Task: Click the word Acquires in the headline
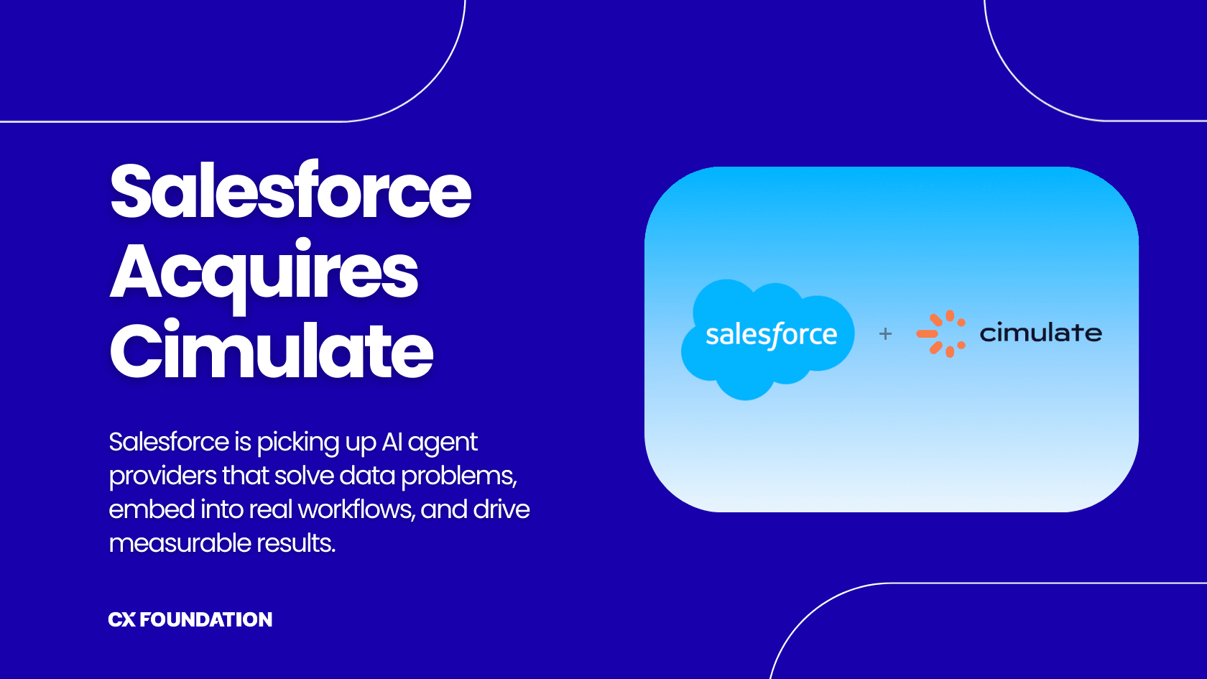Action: click(264, 273)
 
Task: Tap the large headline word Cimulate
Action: click(271, 351)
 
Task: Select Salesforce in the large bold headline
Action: click(290, 190)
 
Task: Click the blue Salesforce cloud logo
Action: click(767, 337)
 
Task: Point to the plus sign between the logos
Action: click(885, 333)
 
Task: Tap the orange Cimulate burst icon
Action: click(941, 333)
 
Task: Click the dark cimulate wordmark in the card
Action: click(1040, 333)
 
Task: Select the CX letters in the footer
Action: click(121, 619)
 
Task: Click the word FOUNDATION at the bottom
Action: click(206, 619)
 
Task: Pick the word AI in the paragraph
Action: click(392, 442)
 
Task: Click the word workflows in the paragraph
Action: click(356, 509)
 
